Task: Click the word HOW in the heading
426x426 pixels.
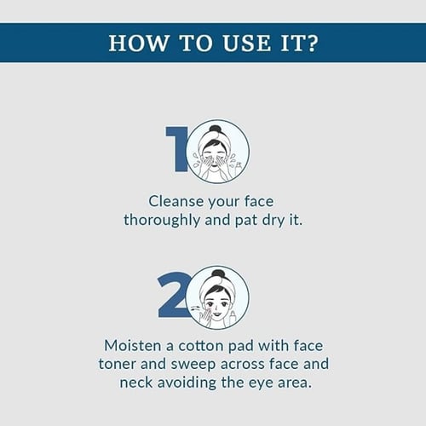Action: (138, 43)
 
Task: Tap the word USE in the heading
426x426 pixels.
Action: (246, 43)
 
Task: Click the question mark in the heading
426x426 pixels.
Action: (312, 43)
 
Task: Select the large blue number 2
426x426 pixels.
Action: (174, 295)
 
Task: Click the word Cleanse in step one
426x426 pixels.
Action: (176, 201)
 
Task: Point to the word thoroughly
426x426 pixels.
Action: (162, 221)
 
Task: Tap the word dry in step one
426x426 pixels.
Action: (273, 221)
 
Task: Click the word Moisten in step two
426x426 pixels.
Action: (133, 346)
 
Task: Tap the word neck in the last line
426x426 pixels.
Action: (136, 383)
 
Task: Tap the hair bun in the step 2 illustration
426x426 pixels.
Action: (217, 274)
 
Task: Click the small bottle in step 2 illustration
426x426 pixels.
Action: (233, 317)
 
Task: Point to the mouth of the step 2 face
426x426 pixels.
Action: (217, 314)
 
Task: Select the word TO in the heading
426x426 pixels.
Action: (196, 43)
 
